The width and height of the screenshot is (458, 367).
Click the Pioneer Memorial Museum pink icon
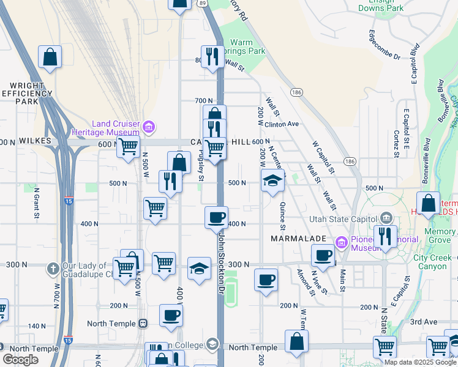point(342,242)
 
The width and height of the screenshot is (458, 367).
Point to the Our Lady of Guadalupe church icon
point(54,267)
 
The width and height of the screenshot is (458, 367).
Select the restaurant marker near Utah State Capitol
point(385,237)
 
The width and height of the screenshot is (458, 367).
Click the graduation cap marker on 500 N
point(273,180)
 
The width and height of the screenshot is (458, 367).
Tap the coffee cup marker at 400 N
point(216,218)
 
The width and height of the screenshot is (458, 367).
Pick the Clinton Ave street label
point(282,124)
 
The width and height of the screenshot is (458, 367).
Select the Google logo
point(20,360)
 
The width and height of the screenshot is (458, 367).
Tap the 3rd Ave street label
point(424,321)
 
